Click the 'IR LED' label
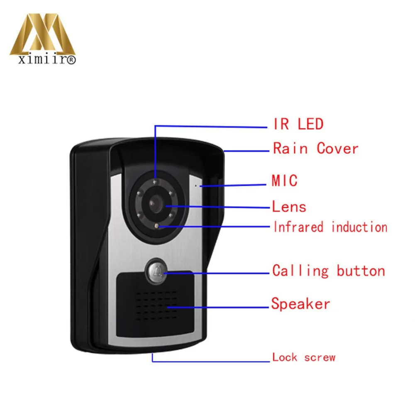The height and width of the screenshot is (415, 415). (298, 124)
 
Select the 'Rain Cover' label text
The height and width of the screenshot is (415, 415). (315, 148)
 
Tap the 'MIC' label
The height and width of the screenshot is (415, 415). (285, 181)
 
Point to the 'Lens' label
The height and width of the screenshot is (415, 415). (289, 206)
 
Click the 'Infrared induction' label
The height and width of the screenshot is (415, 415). (330, 227)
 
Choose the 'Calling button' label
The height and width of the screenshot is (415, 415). (329, 271)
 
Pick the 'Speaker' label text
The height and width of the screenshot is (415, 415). (300, 303)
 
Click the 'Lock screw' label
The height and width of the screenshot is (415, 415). (304, 357)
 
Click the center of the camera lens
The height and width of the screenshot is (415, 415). (156, 203)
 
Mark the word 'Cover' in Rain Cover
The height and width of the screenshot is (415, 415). (337, 148)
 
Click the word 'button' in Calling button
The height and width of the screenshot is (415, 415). (361, 271)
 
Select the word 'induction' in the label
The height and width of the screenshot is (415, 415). (359, 227)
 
